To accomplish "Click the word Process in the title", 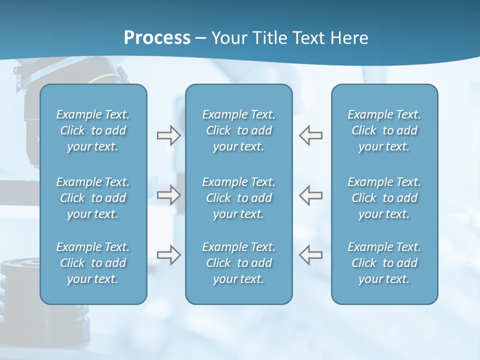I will [x=157, y=38].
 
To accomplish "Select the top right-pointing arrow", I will [x=168, y=135].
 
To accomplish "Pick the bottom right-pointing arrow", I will [x=168, y=255].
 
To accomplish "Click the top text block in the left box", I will [x=93, y=130].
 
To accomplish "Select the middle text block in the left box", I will [x=93, y=198].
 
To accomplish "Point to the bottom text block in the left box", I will [x=93, y=263].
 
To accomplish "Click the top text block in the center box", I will [x=239, y=130].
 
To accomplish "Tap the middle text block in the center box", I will [x=239, y=198].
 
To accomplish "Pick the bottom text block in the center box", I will [x=239, y=263].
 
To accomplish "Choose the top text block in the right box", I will [x=384, y=130].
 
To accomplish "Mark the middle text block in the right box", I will [x=384, y=198].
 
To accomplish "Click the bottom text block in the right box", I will [x=384, y=263].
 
